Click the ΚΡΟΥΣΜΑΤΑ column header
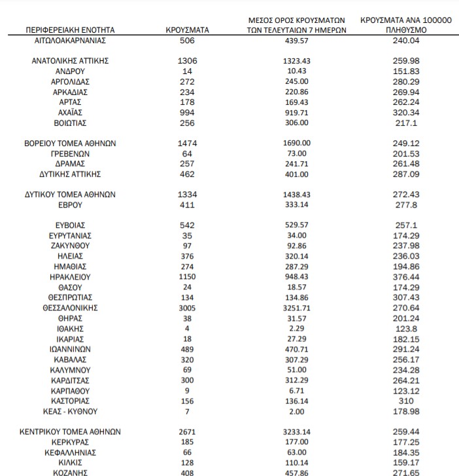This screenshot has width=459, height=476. pyautogui.click(x=187, y=30)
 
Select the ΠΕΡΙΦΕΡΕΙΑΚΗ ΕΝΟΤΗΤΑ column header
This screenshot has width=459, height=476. pyautogui.click(x=70, y=30)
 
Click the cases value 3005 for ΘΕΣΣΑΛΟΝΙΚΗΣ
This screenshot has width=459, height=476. pyautogui.click(x=187, y=307)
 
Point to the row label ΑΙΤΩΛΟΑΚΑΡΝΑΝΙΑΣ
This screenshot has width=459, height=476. pyautogui.click(x=70, y=40)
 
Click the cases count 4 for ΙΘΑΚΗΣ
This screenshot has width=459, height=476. pyautogui.click(x=187, y=328)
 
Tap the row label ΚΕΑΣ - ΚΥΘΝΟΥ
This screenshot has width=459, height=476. pyautogui.click(x=70, y=411)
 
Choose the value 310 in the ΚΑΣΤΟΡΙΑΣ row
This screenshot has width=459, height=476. pyautogui.click(x=406, y=401)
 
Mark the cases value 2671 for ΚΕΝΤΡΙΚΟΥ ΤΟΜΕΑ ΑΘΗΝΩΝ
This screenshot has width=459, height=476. pyautogui.click(x=187, y=432)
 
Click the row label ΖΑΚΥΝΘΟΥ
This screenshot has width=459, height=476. pyautogui.click(x=70, y=246)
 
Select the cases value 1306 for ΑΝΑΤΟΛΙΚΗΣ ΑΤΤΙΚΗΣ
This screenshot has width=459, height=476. pyautogui.click(x=187, y=60)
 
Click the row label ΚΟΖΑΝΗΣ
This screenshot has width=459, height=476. pyautogui.click(x=70, y=472)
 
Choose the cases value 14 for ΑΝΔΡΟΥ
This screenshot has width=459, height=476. pyautogui.click(x=187, y=71)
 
